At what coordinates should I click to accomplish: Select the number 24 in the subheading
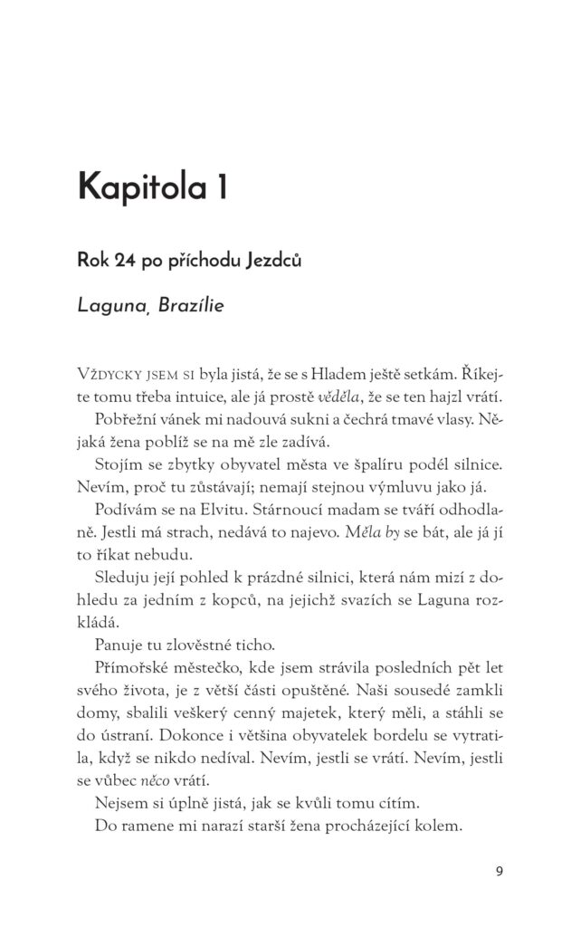[125, 262]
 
